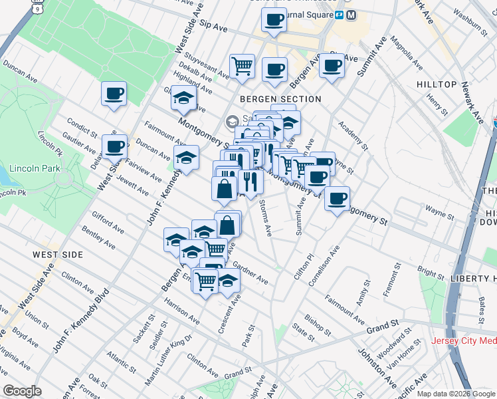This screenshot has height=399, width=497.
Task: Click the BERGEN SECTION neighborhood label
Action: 280,99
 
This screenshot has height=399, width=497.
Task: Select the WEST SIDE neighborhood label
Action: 59,255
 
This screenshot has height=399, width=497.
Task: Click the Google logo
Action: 23,391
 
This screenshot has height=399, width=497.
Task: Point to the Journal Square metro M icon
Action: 351,15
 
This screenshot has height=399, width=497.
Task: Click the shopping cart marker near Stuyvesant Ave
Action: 242,65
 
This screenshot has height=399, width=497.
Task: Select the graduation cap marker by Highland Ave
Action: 183,98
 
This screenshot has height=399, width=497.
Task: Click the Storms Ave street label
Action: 265,217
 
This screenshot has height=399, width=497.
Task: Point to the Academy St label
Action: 352,134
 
